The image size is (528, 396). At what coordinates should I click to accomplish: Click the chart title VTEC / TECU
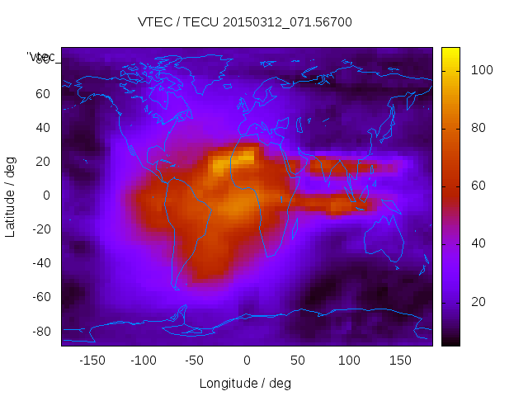tap(245, 22)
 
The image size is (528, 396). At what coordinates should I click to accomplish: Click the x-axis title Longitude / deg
tap(245, 384)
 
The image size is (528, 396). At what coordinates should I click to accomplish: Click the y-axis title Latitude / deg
tap(11, 195)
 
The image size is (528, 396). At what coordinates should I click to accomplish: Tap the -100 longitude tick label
tap(144, 361)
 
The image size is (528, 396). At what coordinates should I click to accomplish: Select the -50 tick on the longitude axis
tap(195, 361)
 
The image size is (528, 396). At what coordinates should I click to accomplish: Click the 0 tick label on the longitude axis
tap(247, 361)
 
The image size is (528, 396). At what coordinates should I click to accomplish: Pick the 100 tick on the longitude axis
tap(350, 361)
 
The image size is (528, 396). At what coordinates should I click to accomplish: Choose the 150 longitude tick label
tap(401, 361)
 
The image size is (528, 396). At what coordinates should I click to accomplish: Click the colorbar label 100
tap(482, 71)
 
